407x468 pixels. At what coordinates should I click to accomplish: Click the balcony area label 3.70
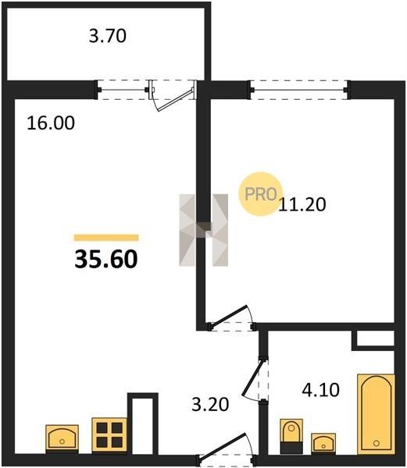108,36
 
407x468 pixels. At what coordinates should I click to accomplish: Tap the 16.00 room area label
51,123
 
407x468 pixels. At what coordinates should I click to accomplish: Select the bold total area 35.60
106,259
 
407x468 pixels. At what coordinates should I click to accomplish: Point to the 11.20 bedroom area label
302,204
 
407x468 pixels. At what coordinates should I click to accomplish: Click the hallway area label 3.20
210,404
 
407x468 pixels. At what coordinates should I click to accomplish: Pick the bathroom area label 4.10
320,390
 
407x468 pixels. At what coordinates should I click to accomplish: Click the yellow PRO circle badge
261,194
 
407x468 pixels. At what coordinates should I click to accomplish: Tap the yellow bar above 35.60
106,238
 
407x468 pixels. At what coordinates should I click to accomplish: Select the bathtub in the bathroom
376,413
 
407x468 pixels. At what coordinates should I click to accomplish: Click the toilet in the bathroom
291,436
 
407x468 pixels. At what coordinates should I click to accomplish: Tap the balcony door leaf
176,100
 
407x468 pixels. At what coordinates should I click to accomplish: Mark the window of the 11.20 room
299,90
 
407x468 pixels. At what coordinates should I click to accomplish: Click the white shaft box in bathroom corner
376,339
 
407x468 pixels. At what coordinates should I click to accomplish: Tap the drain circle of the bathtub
376,443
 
